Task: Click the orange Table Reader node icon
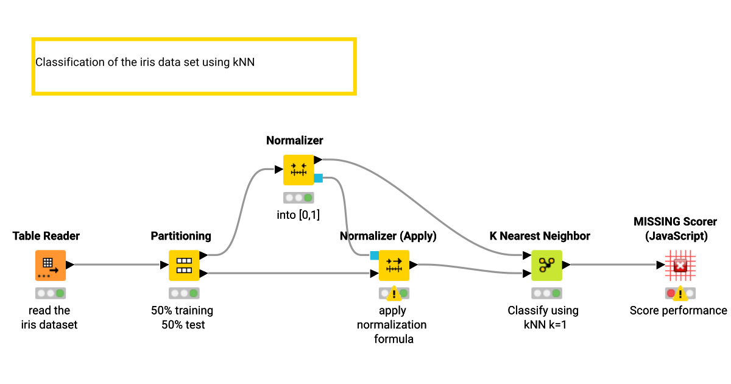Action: tap(50, 265)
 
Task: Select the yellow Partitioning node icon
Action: tap(184, 265)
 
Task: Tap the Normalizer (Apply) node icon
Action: tap(394, 265)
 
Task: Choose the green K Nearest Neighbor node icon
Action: tap(546, 265)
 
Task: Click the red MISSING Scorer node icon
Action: tap(680, 265)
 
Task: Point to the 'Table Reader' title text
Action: tap(46, 236)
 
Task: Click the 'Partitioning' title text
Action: tap(181, 236)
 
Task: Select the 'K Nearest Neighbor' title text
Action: tap(540, 236)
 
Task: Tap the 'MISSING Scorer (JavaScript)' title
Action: tap(675, 229)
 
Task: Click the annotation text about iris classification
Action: tap(145, 62)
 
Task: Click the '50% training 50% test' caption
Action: tap(183, 318)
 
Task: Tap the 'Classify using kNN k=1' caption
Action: tap(543, 318)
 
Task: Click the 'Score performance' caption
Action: tap(678, 310)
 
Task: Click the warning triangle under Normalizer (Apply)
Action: tap(394, 294)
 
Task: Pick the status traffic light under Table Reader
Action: tap(50, 293)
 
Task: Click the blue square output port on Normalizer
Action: tap(318, 178)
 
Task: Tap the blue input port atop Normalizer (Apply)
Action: tap(374, 255)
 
